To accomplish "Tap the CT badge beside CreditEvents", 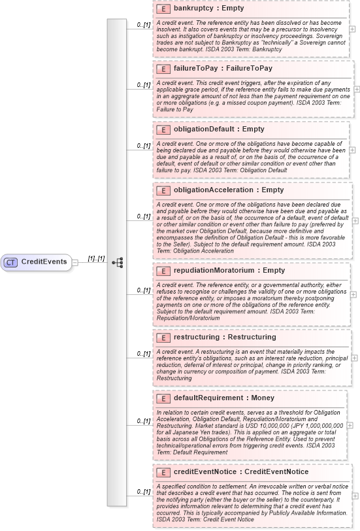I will [x=10, y=262].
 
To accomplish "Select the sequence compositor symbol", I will [x=118, y=262].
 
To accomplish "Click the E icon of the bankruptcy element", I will [x=164, y=10].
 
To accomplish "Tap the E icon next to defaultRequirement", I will [x=164, y=398].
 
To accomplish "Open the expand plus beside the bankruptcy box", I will [x=353, y=29].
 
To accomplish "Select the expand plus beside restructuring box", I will [x=354, y=358].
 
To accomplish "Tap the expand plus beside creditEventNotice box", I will [x=356, y=497].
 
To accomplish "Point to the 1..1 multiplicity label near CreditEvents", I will [x=96, y=258].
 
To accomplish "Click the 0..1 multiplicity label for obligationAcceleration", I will [x=144, y=216].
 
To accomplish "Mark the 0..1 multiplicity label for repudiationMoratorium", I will [x=144, y=290].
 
